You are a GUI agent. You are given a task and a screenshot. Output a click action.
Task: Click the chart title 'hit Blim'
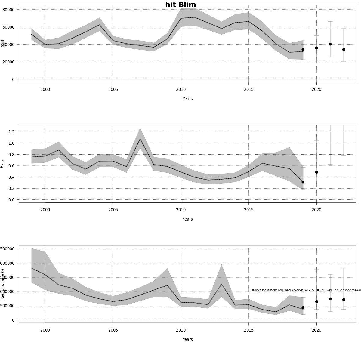click(x=180, y=5)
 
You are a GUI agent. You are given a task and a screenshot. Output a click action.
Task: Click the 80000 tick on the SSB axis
click(x=8, y=10)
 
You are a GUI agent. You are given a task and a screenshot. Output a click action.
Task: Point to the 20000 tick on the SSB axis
click(x=8, y=62)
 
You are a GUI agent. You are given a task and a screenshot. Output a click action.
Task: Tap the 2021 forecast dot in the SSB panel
click(x=330, y=44)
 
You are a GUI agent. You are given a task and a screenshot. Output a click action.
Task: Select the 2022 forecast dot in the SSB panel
click(x=344, y=49)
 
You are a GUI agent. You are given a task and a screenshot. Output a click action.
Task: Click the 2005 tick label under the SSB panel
click(x=113, y=89)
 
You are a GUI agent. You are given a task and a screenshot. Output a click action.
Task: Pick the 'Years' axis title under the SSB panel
click(x=187, y=99)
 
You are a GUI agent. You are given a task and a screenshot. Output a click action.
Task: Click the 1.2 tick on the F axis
click(x=11, y=132)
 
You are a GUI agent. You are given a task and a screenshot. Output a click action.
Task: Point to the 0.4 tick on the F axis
click(x=11, y=177)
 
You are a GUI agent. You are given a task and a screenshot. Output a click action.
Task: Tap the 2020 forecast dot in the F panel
click(x=316, y=172)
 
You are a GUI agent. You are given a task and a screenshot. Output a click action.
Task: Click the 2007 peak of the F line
click(x=140, y=139)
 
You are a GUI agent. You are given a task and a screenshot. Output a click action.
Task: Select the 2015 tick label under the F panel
click(x=248, y=210)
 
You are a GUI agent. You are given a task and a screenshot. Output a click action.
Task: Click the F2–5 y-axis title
click(x=2, y=164)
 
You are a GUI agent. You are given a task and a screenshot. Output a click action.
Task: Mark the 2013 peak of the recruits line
click(x=221, y=284)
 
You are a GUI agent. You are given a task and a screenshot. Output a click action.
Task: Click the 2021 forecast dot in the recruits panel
click(x=330, y=299)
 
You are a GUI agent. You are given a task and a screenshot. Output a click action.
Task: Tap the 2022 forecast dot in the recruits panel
click(x=344, y=300)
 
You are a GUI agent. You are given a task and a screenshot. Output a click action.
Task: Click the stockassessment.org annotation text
click(x=306, y=290)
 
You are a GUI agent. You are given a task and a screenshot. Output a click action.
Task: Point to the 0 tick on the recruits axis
click(x=13, y=320)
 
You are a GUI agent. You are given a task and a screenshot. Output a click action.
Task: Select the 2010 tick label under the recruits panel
click(x=181, y=330)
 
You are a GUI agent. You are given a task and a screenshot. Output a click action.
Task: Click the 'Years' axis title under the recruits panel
click(x=187, y=339)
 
